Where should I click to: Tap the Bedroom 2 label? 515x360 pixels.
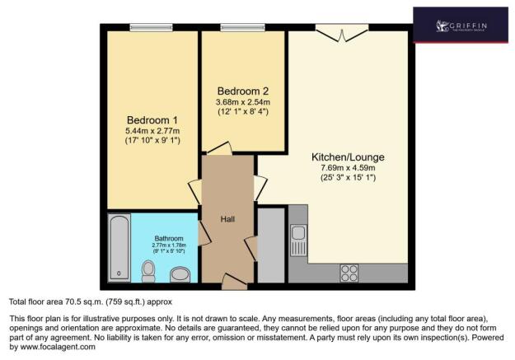[x=242, y=91]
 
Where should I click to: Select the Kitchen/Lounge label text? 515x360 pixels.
[x=348, y=157]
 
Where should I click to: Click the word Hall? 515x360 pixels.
[x=228, y=220]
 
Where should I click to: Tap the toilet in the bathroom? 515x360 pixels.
[x=148, y=269]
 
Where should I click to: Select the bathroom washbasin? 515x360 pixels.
[x=179, y=273]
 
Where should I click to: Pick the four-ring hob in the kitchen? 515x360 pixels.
[x=349, y=271]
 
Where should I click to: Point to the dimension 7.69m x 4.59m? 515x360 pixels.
[x=348, y=168]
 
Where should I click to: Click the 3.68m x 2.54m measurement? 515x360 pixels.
[x=242, y=101]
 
